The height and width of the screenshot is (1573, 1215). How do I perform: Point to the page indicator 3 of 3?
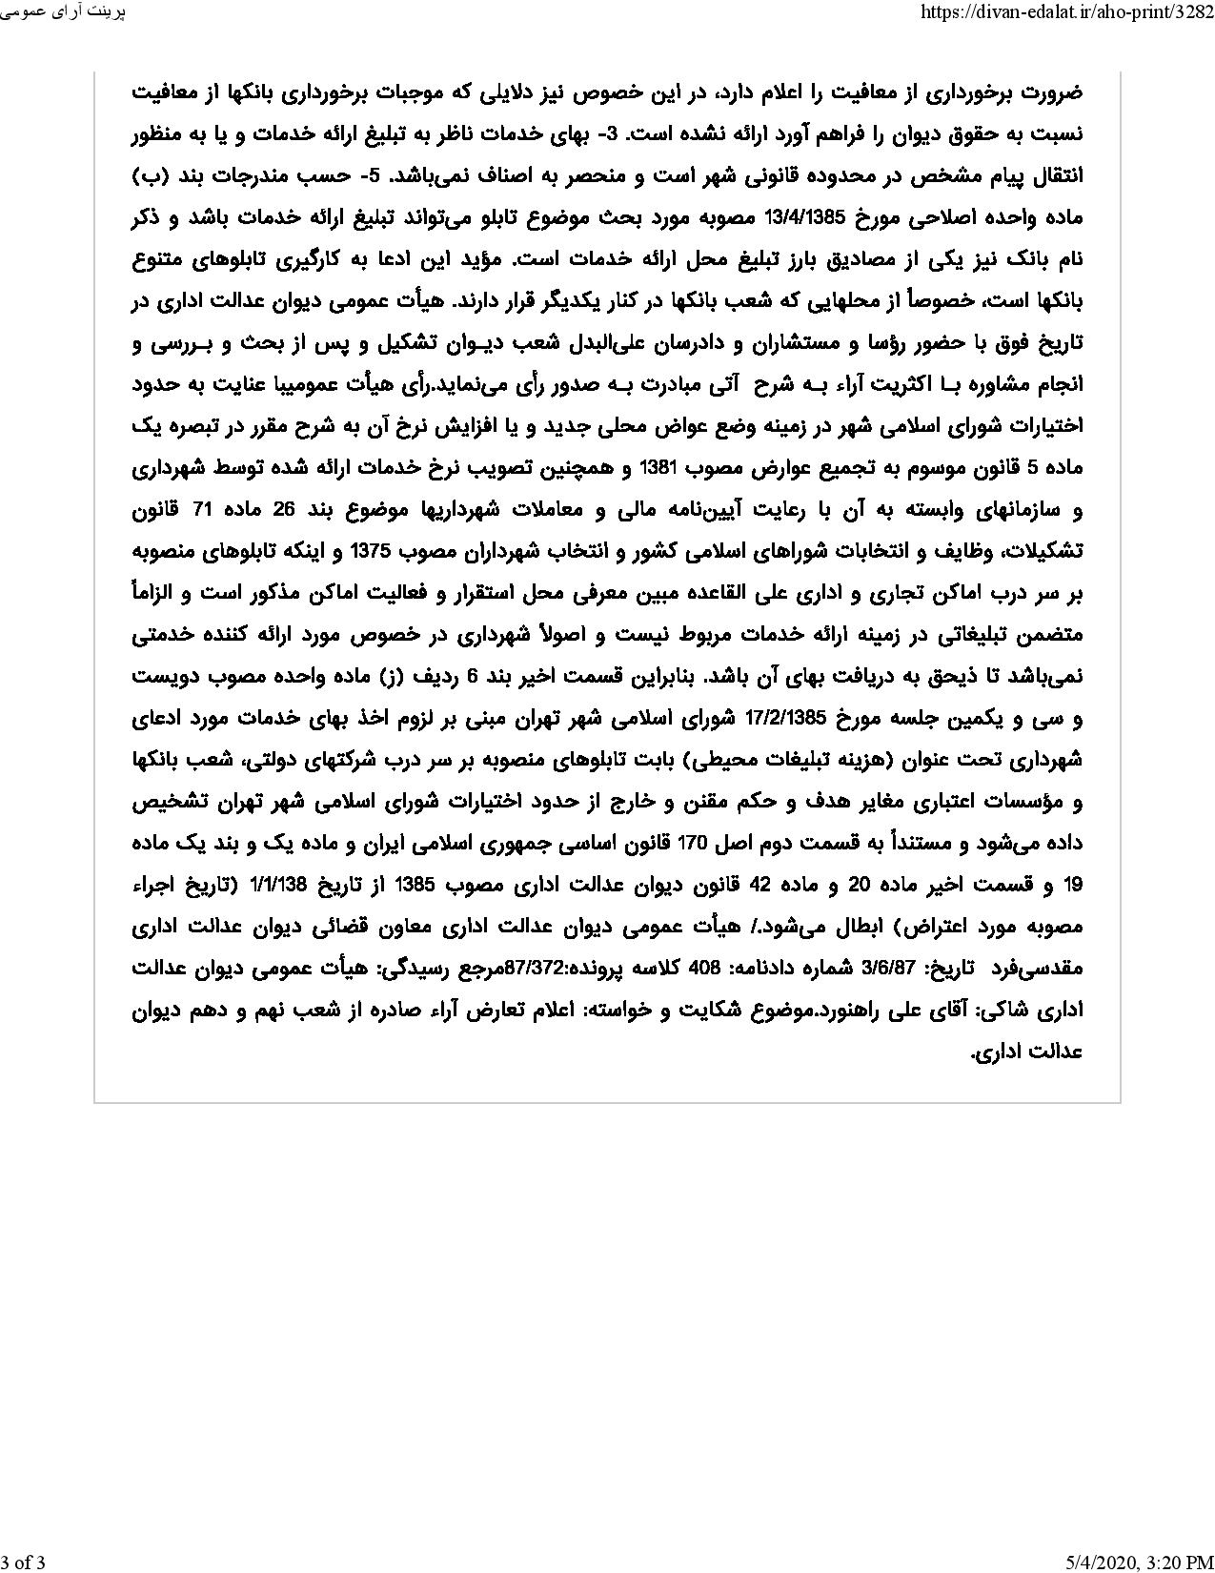(x=24, y=1561)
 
